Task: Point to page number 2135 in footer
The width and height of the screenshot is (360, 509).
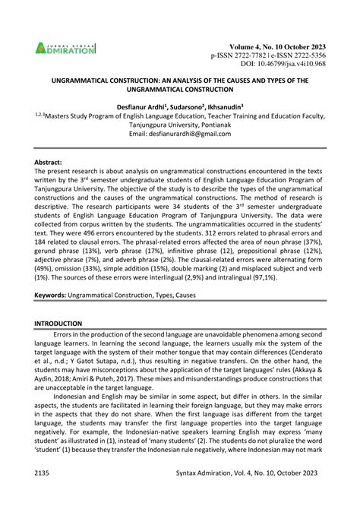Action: (45, 494)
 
